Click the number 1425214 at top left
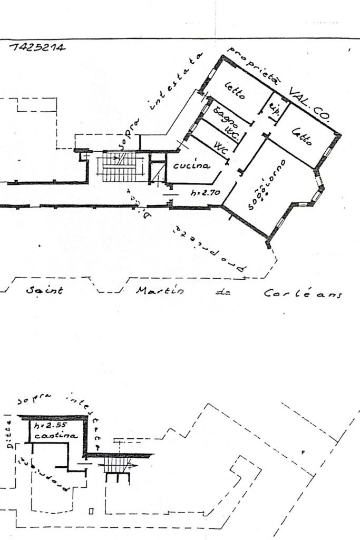pyautogui.click(x=37, y=47)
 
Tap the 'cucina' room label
pyautogui.click(x=191, y=165)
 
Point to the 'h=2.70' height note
pyautogui.click(x=205, y=193)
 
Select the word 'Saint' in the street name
pyautogui.click(x=44, y=290)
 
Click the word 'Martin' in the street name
pyautogui.click(x=160, y=291)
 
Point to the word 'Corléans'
pyautogui.click(x=303, y=293)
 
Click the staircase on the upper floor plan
pyautogui.click(x=119, y=167)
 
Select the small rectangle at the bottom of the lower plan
pyautogui.click(x=91, y=510)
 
